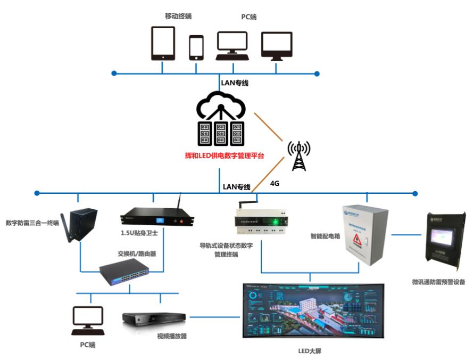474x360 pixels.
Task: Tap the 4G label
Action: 275,183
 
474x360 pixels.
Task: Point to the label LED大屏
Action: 311,350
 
